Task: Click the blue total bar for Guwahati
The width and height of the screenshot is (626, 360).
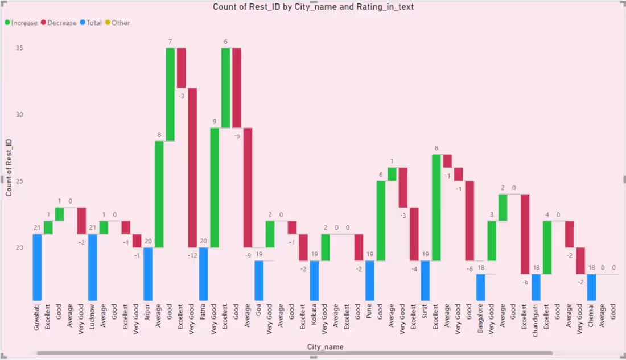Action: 37,267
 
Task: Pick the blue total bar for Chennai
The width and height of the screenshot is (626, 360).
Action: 592,287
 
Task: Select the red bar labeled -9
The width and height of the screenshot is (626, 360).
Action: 248,188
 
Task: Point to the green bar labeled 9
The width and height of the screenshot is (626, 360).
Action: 215,188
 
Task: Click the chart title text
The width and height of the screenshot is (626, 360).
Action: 313,7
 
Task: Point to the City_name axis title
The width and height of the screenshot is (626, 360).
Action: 325,346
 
